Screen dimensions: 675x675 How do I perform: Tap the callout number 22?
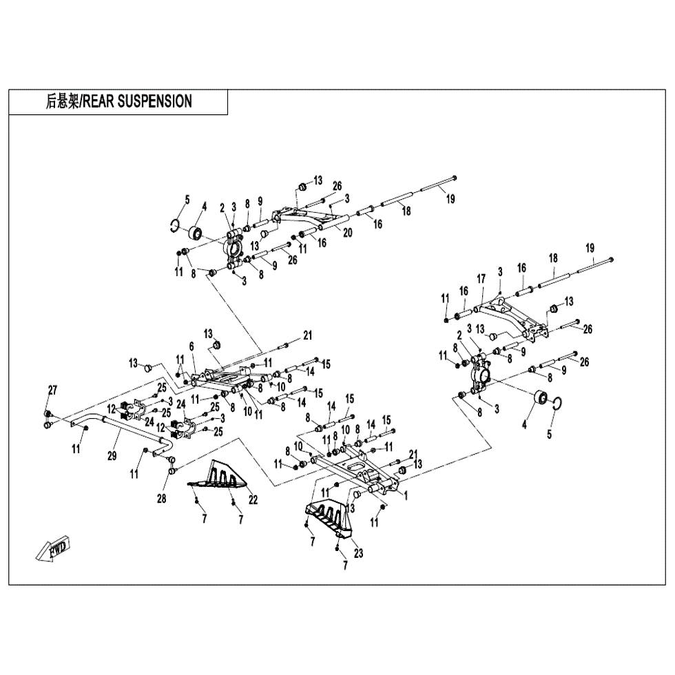[x=253, y=500]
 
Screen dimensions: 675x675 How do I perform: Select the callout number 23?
[x=359, y=552]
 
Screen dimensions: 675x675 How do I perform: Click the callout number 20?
[x=348, y=233]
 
